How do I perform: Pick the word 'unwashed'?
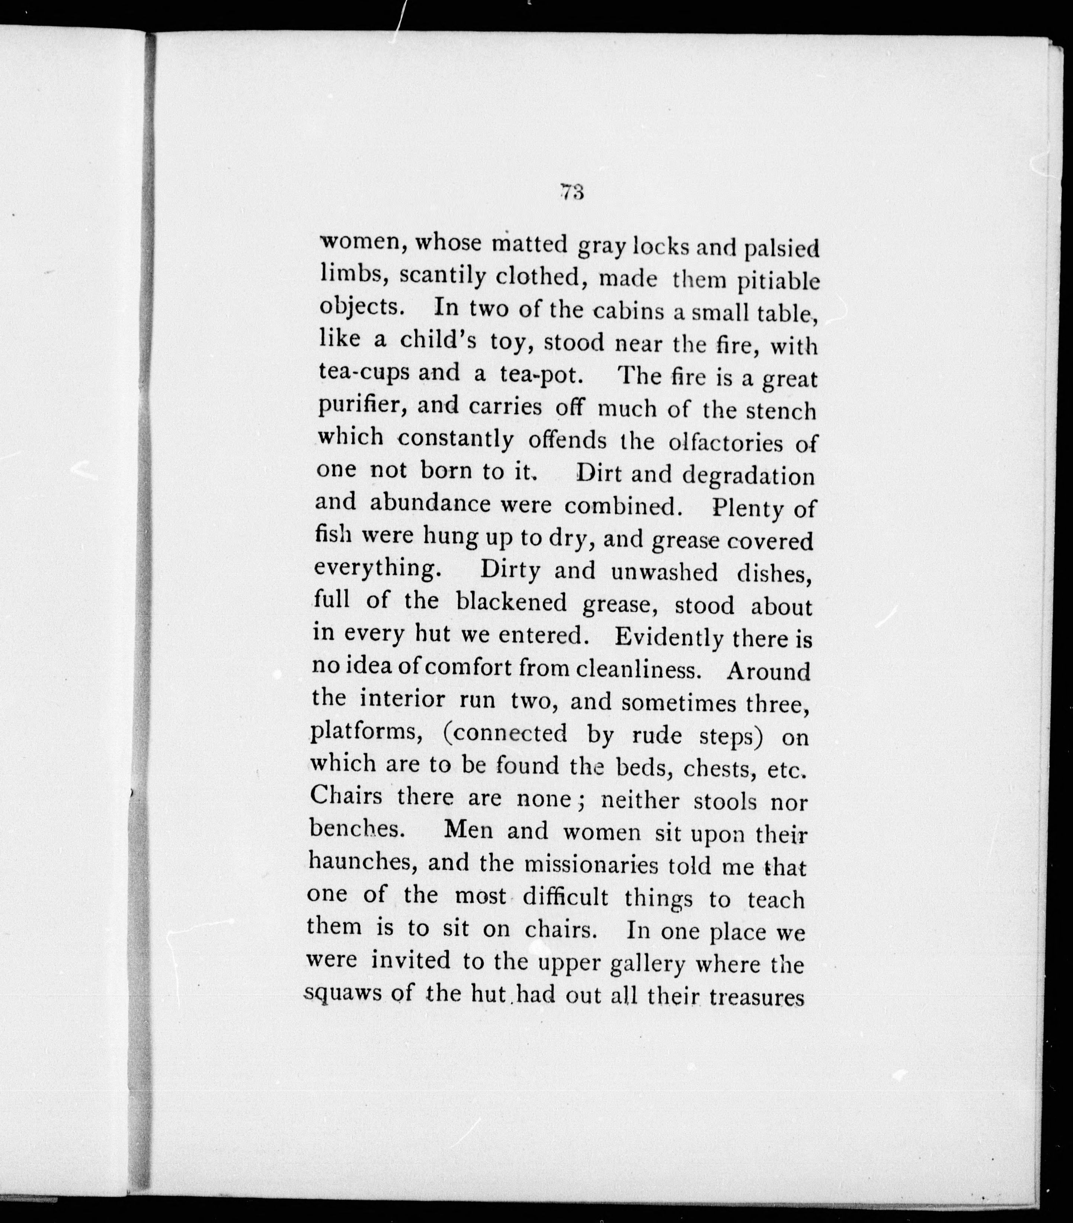pos(664,572)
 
